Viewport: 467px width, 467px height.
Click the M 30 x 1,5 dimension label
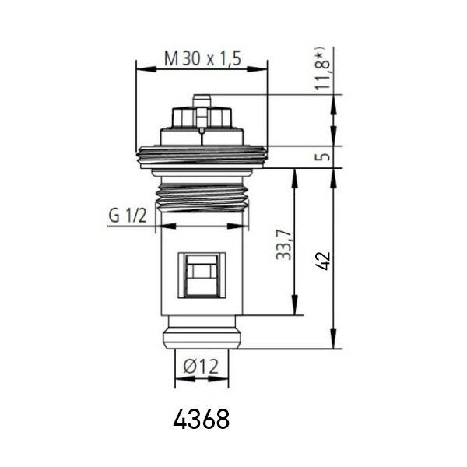(202, 58)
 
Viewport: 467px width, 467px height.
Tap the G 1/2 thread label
(128, 216)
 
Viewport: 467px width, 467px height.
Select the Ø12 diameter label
(201, 366)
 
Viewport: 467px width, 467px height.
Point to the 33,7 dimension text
(283, 244)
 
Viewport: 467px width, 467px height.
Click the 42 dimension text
(323, 261)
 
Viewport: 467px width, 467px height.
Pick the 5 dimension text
(323, 156)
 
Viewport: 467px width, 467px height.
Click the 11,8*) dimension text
(323, 70)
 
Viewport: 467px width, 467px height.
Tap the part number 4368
(202, 419)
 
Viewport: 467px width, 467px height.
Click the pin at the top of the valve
(202, 100)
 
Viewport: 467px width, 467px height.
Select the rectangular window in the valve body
(202, 276)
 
